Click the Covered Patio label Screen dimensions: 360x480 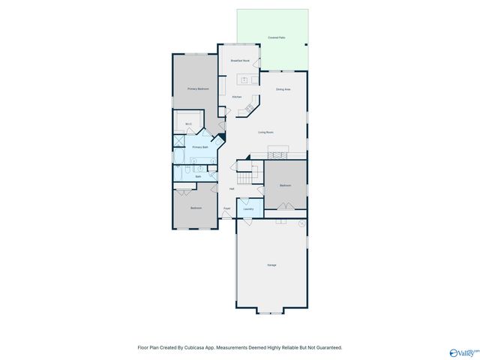tap(276, 37)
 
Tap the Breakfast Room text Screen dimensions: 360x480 tap(240, 60)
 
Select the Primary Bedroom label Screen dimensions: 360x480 tap(197, 88)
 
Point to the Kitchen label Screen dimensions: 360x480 tap(236, 97)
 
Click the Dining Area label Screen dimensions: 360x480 tap(283, 89)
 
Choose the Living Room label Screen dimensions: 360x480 tap(265, 132)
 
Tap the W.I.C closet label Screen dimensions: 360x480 tap(188, 124)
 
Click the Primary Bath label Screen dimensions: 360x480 tap(199, 148)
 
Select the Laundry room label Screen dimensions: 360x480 tap(248, 209)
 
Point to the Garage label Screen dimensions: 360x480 tap(271, 265)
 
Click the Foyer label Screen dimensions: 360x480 tap(226, 208)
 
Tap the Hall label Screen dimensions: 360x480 tap(231, 188)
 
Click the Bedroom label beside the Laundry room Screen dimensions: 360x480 tap(285, 184)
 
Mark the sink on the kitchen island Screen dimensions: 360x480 tap(244, 78)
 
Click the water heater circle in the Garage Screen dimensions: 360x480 tap(301, 223)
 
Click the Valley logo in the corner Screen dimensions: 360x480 tap(463, 352)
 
